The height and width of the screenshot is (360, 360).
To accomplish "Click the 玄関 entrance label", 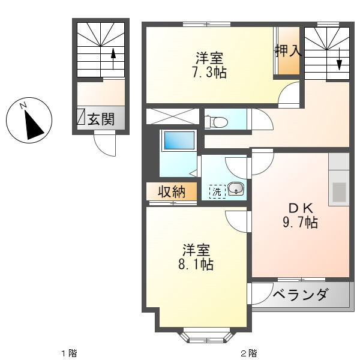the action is [101, 119].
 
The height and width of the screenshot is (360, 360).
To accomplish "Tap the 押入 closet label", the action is [289, 50].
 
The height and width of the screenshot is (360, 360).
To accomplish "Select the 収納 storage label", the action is [172, 192].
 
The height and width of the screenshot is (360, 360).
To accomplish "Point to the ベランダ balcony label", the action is [300, 295].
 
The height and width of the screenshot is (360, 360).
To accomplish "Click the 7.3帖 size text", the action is [209, 72].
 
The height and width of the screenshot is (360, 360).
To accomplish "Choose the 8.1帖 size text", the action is [196, 264].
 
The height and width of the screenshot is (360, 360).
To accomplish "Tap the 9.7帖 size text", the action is [301, 222].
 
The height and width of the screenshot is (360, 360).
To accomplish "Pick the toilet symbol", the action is [216, 121].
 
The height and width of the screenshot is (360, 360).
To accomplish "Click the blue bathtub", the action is [179, 141].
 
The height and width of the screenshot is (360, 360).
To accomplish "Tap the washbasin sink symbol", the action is [236, 189].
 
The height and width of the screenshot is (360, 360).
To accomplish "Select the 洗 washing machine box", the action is [217, 191].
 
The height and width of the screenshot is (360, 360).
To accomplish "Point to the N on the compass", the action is [23, 106].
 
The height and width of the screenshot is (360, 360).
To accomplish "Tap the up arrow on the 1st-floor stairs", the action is [113, 59].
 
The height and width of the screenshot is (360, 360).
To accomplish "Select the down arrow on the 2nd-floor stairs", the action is [340, 59].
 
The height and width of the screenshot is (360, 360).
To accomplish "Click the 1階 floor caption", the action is [70, 353].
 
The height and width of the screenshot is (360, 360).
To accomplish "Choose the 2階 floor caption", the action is [249, 353].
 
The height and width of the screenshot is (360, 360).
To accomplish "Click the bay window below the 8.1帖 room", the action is [205, 337].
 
